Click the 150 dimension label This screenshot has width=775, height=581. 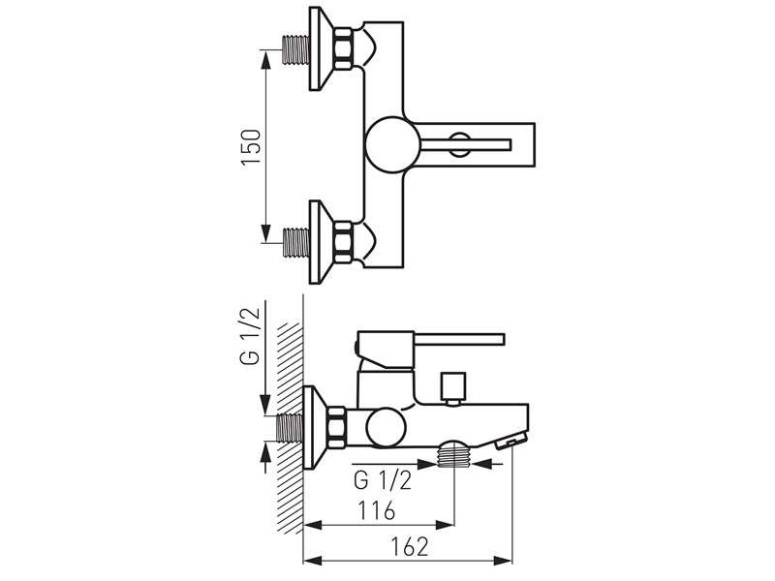251,147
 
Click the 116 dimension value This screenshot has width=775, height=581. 377,510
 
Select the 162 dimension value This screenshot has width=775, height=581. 409,546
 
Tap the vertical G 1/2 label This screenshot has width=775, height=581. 250,335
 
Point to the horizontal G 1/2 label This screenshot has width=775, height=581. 383,479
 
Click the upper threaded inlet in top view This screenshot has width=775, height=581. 296,49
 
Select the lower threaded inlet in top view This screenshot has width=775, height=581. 296,242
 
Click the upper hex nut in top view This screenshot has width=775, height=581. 343,48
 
